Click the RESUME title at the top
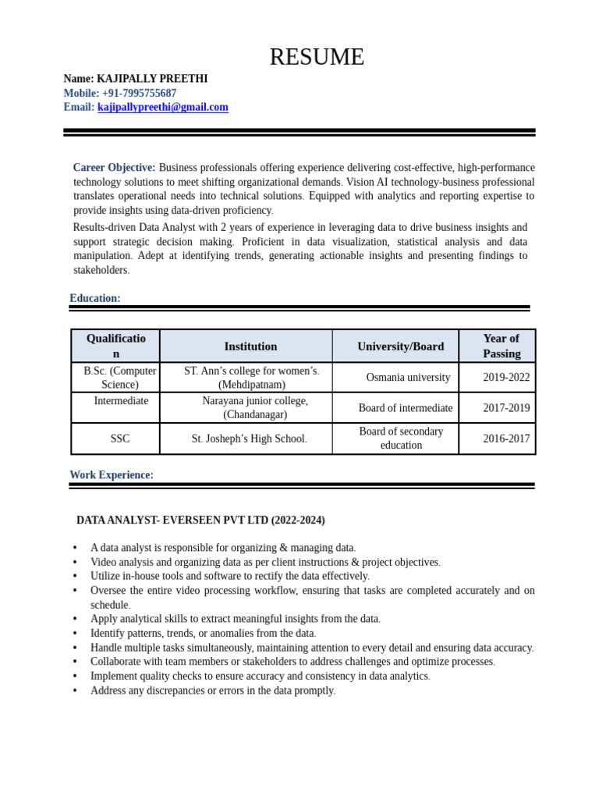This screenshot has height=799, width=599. click(317, 57)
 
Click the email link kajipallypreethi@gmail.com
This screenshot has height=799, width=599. click(163, 108)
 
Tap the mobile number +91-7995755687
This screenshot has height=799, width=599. click(139, 94)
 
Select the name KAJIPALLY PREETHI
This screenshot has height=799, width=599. click(152, 79)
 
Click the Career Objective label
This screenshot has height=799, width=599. click(114, 168)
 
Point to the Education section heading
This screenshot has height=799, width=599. click(95, 298)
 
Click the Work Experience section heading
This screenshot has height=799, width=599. click(112, 474)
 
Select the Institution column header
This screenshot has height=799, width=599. click(250, 346)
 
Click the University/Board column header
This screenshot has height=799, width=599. click(400, 346)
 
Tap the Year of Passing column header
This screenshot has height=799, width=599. click(502, 346)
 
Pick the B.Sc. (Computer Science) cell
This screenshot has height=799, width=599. click(120, 378)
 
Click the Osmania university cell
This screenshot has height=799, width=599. click(408, 378)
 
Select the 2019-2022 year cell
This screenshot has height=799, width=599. click(505, 378)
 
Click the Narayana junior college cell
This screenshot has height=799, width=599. click(255, 407)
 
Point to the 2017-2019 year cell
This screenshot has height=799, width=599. click(505, 408)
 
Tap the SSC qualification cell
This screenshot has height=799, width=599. click(120, 439)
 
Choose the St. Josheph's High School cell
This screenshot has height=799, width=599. click(249, 439)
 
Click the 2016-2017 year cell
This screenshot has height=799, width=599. click(505, 439)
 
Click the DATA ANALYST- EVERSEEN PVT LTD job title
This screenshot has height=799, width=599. click(200, 520)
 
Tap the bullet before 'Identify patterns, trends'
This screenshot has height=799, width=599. click(75, 634)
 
